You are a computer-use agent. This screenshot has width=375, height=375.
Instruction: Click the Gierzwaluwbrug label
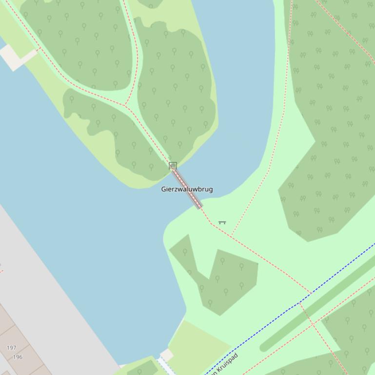pyautogui.click(x=187, y=189)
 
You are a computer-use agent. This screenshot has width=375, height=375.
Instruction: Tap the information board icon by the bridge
pyautogui.click(x=173, y=166)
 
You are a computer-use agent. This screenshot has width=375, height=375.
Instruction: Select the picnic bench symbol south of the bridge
pyautogui.click(x=222, y=223)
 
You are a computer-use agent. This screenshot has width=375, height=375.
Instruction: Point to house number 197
pyautogui.click(x=12, y=348)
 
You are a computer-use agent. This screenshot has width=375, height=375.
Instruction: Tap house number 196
pyautogui.click(x=18, y=356)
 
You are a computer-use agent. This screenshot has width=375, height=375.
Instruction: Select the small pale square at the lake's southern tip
pyautogui.click(x=167, y=355)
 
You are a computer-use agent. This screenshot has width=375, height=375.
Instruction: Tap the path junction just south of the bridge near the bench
pyautogui.click(x=211, y=223)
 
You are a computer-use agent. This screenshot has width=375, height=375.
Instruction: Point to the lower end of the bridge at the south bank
pyautogui.click(x=199, y=207)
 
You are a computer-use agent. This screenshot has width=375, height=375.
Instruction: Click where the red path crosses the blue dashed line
pyautogui.click(x=300, y=302)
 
